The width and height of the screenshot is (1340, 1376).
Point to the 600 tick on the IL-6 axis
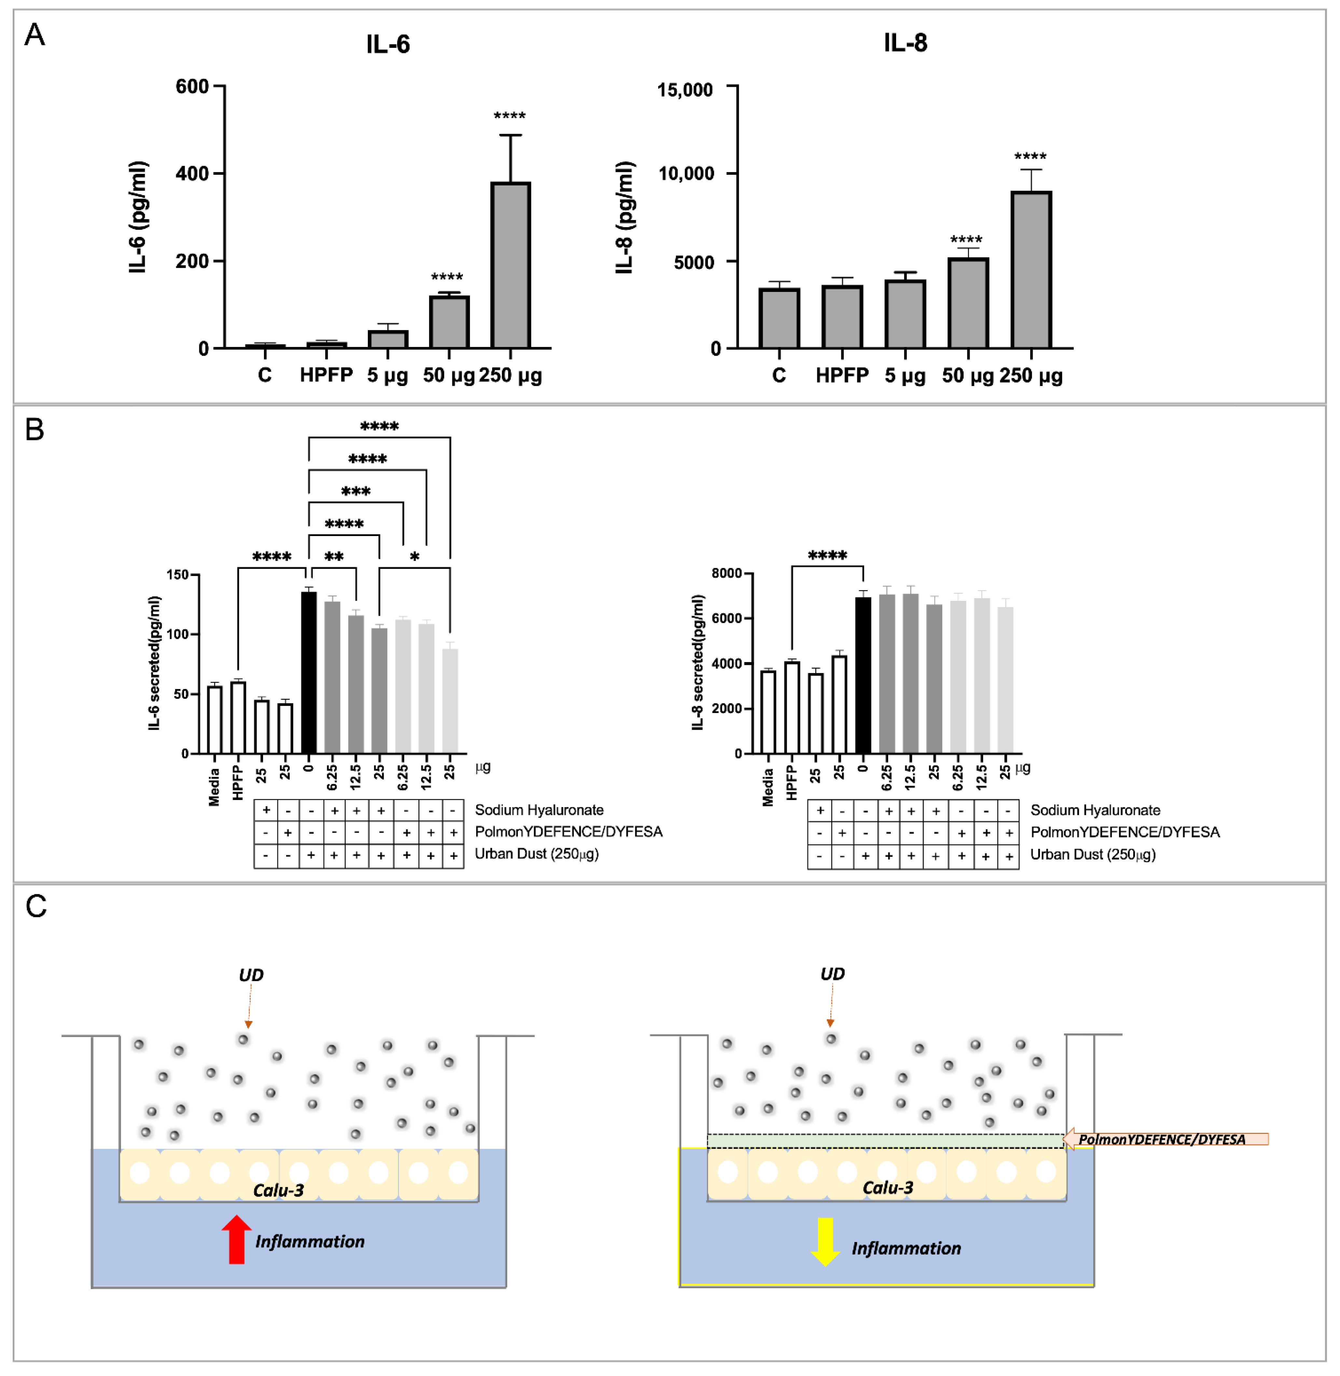point(192,87)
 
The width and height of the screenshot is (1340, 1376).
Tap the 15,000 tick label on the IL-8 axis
point(685,90)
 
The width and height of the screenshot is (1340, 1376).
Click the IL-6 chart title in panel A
point(388,44)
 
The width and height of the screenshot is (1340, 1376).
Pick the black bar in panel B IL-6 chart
point(308,672)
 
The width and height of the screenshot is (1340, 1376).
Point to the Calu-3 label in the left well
point(279,1190)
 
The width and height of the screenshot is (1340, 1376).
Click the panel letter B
point(35,429)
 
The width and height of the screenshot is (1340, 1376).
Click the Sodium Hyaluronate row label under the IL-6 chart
point(539,810)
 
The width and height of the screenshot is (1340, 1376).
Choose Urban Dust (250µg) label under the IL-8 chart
point(1092,854)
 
